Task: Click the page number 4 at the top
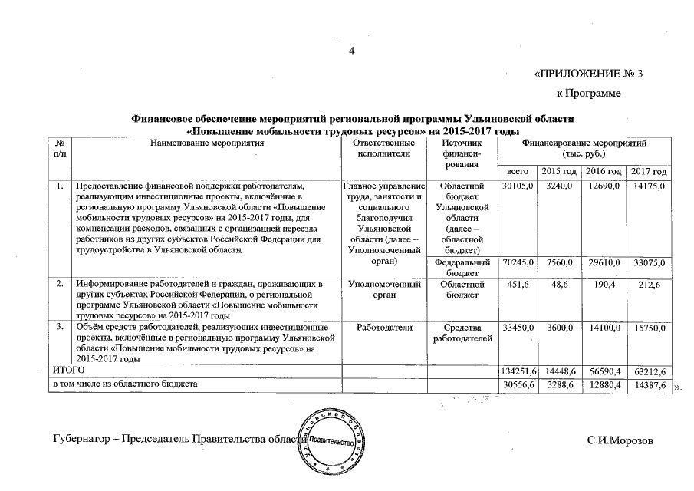pyautogui.click(x=352, y=51)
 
